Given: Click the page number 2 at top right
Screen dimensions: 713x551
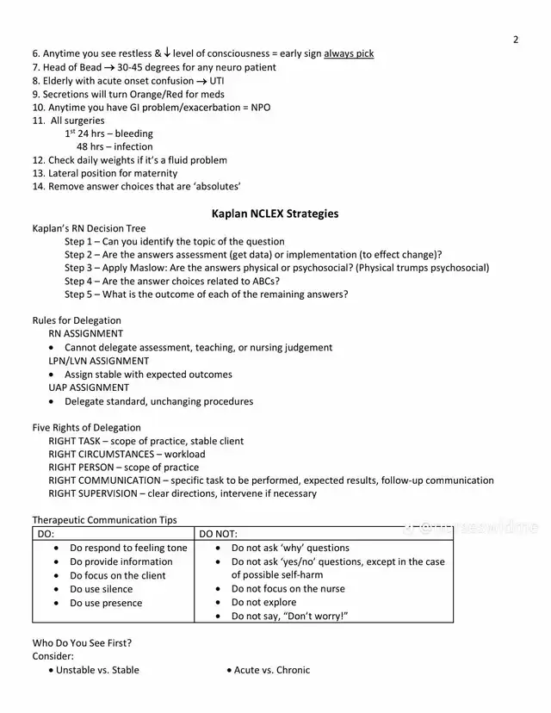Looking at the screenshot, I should point(516,40).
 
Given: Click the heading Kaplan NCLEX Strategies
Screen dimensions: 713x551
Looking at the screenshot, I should point(275,214).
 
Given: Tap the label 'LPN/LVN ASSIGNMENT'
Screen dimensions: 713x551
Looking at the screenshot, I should point(98,361).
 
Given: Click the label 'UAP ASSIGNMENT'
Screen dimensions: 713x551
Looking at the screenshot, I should point(89,387).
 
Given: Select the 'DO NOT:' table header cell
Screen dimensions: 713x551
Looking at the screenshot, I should point(218,534).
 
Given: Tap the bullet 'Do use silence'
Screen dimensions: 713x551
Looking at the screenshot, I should point(101,589).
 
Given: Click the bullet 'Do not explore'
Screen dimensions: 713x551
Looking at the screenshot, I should point(263,602).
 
